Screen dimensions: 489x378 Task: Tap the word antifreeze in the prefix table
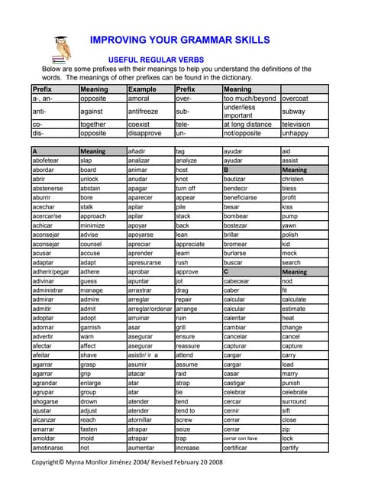click(x=144, y=112)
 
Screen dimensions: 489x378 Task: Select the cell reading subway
click(x=294, y=112)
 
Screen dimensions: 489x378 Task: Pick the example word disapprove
click(x=145, y=133)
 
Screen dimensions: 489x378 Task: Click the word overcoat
click(x=296, y=99)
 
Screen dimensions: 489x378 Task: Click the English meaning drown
click(x=89, y=400)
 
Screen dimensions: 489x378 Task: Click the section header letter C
click(x=226, y=271)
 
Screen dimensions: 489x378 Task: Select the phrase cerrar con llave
click(x=241, y=439)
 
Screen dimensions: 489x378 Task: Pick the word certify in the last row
click(x=291, y=449)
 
